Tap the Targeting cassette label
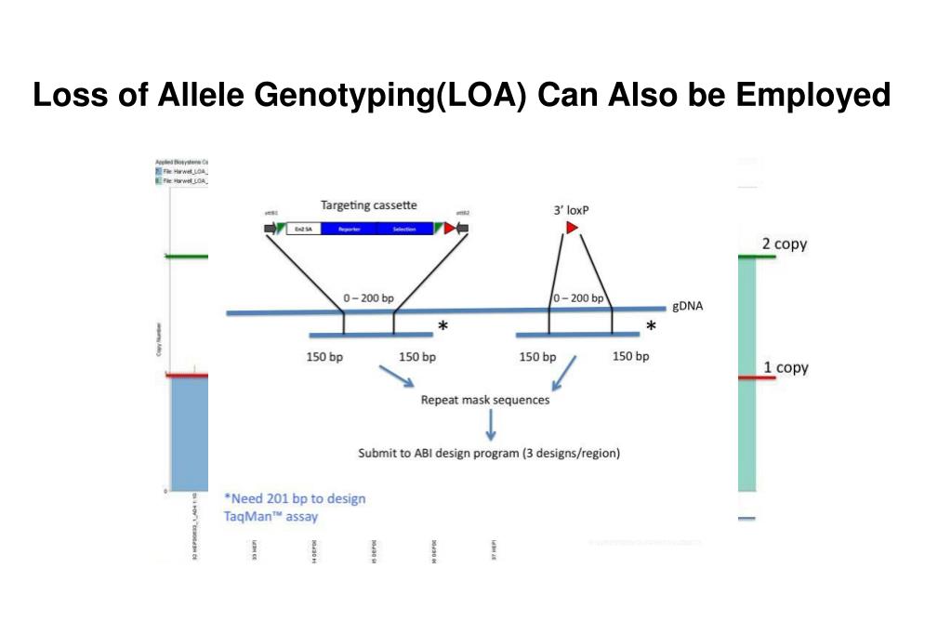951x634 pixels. (x=368, y=205)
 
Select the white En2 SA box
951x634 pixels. (x=303, y=229)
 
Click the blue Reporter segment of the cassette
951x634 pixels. (x=349, y=229)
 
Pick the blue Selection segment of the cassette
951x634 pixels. (x=405, y=229)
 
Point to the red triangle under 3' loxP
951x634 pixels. (x=572, y=228)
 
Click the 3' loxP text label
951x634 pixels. (x=571, y=210)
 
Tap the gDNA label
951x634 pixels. (x=687, y=307)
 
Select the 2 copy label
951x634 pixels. (x=785, y=244)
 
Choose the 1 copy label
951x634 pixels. (x=786, y=367)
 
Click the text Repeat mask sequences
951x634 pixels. (x=484, y=401)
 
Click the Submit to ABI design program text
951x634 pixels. (x=489, y=454)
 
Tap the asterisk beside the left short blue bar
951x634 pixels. (x=443, y=326)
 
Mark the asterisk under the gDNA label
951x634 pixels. (x=651, y=326)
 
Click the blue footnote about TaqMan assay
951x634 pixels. (x=295, y=507)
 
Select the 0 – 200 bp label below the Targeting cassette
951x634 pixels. (x=368, y=298)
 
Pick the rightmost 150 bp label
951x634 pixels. (x=630, y=357)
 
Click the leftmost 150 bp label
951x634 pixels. (x=324, y=357)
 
